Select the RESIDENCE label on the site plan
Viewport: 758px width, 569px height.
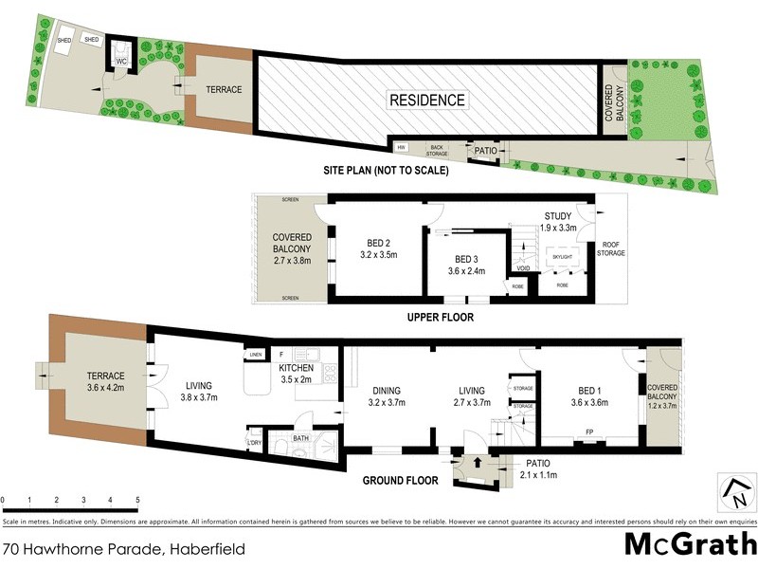tap(427, 100)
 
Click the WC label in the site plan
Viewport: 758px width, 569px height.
tap(120, 62)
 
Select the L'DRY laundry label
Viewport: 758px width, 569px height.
tap(254, 443)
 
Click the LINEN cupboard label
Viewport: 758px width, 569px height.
tap(254, 355)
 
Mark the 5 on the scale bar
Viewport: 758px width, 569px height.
tap(137, 499)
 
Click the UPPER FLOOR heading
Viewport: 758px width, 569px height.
tap(440, 318)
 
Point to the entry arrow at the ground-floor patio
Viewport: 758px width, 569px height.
tap(477, 463)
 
